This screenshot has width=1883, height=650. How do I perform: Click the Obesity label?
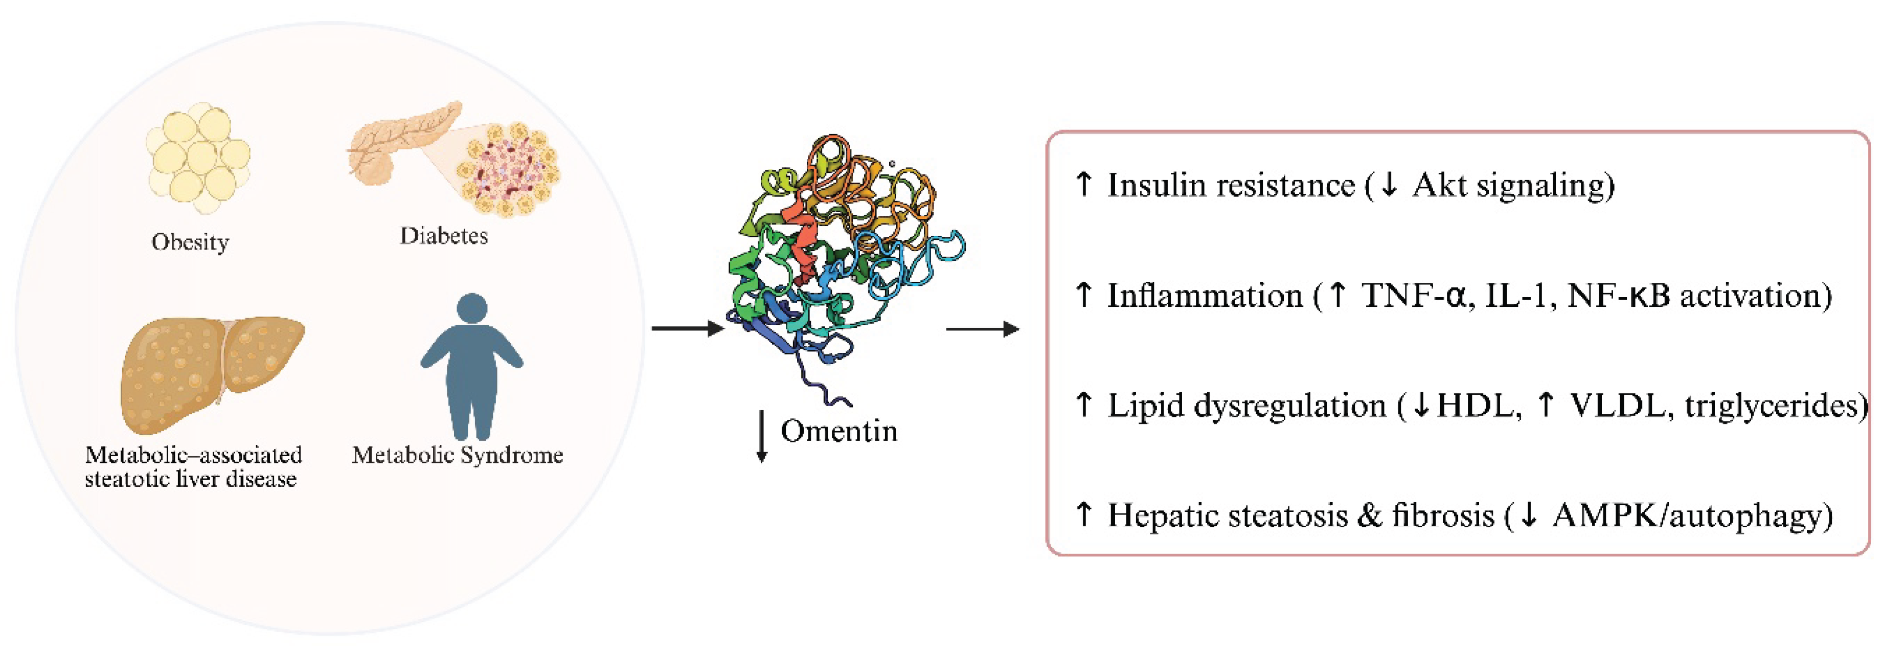[190, 241]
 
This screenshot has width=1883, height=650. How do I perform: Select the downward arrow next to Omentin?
[762, 437]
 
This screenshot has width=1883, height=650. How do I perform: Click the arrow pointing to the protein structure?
[687, 329]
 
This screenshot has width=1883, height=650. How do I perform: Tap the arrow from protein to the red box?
[982, 329]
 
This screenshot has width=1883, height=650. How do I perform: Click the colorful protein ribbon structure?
[841, 256]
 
